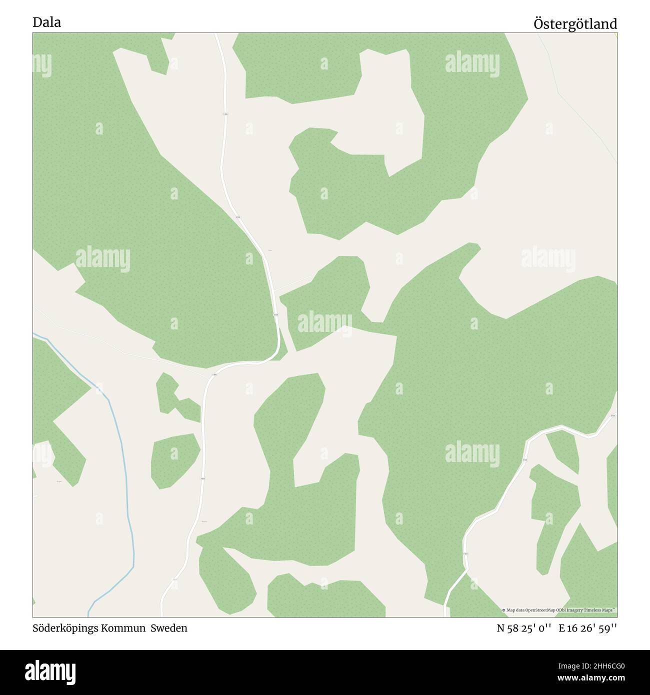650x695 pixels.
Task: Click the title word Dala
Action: [x=47, y=22]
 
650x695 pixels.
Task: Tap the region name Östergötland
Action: [x=575, y=23]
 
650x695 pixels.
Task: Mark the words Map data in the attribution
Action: [x=516, y=610]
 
